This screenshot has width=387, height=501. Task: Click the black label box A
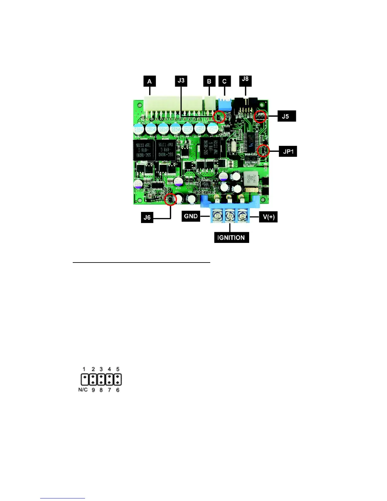click(150, 81)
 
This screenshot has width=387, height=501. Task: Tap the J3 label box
click(181, 81)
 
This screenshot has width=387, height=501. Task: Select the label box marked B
click(209, 81)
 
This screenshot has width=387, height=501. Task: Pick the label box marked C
click(224, 81)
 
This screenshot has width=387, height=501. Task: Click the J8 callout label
click(245, 79)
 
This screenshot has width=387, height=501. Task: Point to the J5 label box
click(285, 116)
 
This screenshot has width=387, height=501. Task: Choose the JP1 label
click(288, 152)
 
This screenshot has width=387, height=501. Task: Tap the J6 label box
click(147, 217)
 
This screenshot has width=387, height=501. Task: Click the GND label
click(191, 216)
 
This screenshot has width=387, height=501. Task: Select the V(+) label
click(268, 217)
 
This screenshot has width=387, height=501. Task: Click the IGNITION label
click(231, 238)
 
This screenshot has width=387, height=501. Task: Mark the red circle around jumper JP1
click(263, 151)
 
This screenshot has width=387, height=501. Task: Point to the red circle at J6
click(171, 200)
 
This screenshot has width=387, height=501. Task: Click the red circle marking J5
click(260, 117)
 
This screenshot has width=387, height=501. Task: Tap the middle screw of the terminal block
click(230, 217)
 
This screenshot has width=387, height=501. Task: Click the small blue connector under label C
click(225, 103)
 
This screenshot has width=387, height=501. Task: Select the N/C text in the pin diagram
click(83, 390)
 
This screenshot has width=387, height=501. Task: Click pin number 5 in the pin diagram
click(118, 369)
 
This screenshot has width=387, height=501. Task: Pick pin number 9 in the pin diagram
click(93, 390)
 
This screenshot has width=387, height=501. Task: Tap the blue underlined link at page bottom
click(63, 498)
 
